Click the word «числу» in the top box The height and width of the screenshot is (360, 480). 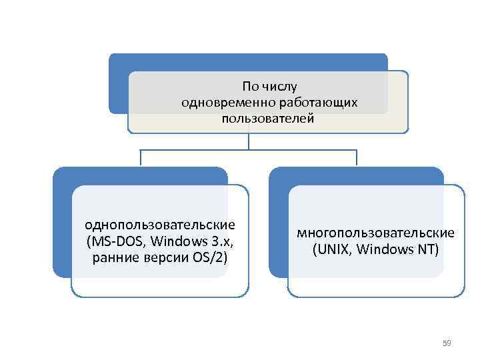click(281, 87)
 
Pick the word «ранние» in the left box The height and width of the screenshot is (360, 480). click(115, 256)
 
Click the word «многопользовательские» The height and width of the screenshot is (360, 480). click(376, 233)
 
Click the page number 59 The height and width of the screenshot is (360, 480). click(447, 343)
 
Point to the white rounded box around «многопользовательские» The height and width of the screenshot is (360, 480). click(376, 280)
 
